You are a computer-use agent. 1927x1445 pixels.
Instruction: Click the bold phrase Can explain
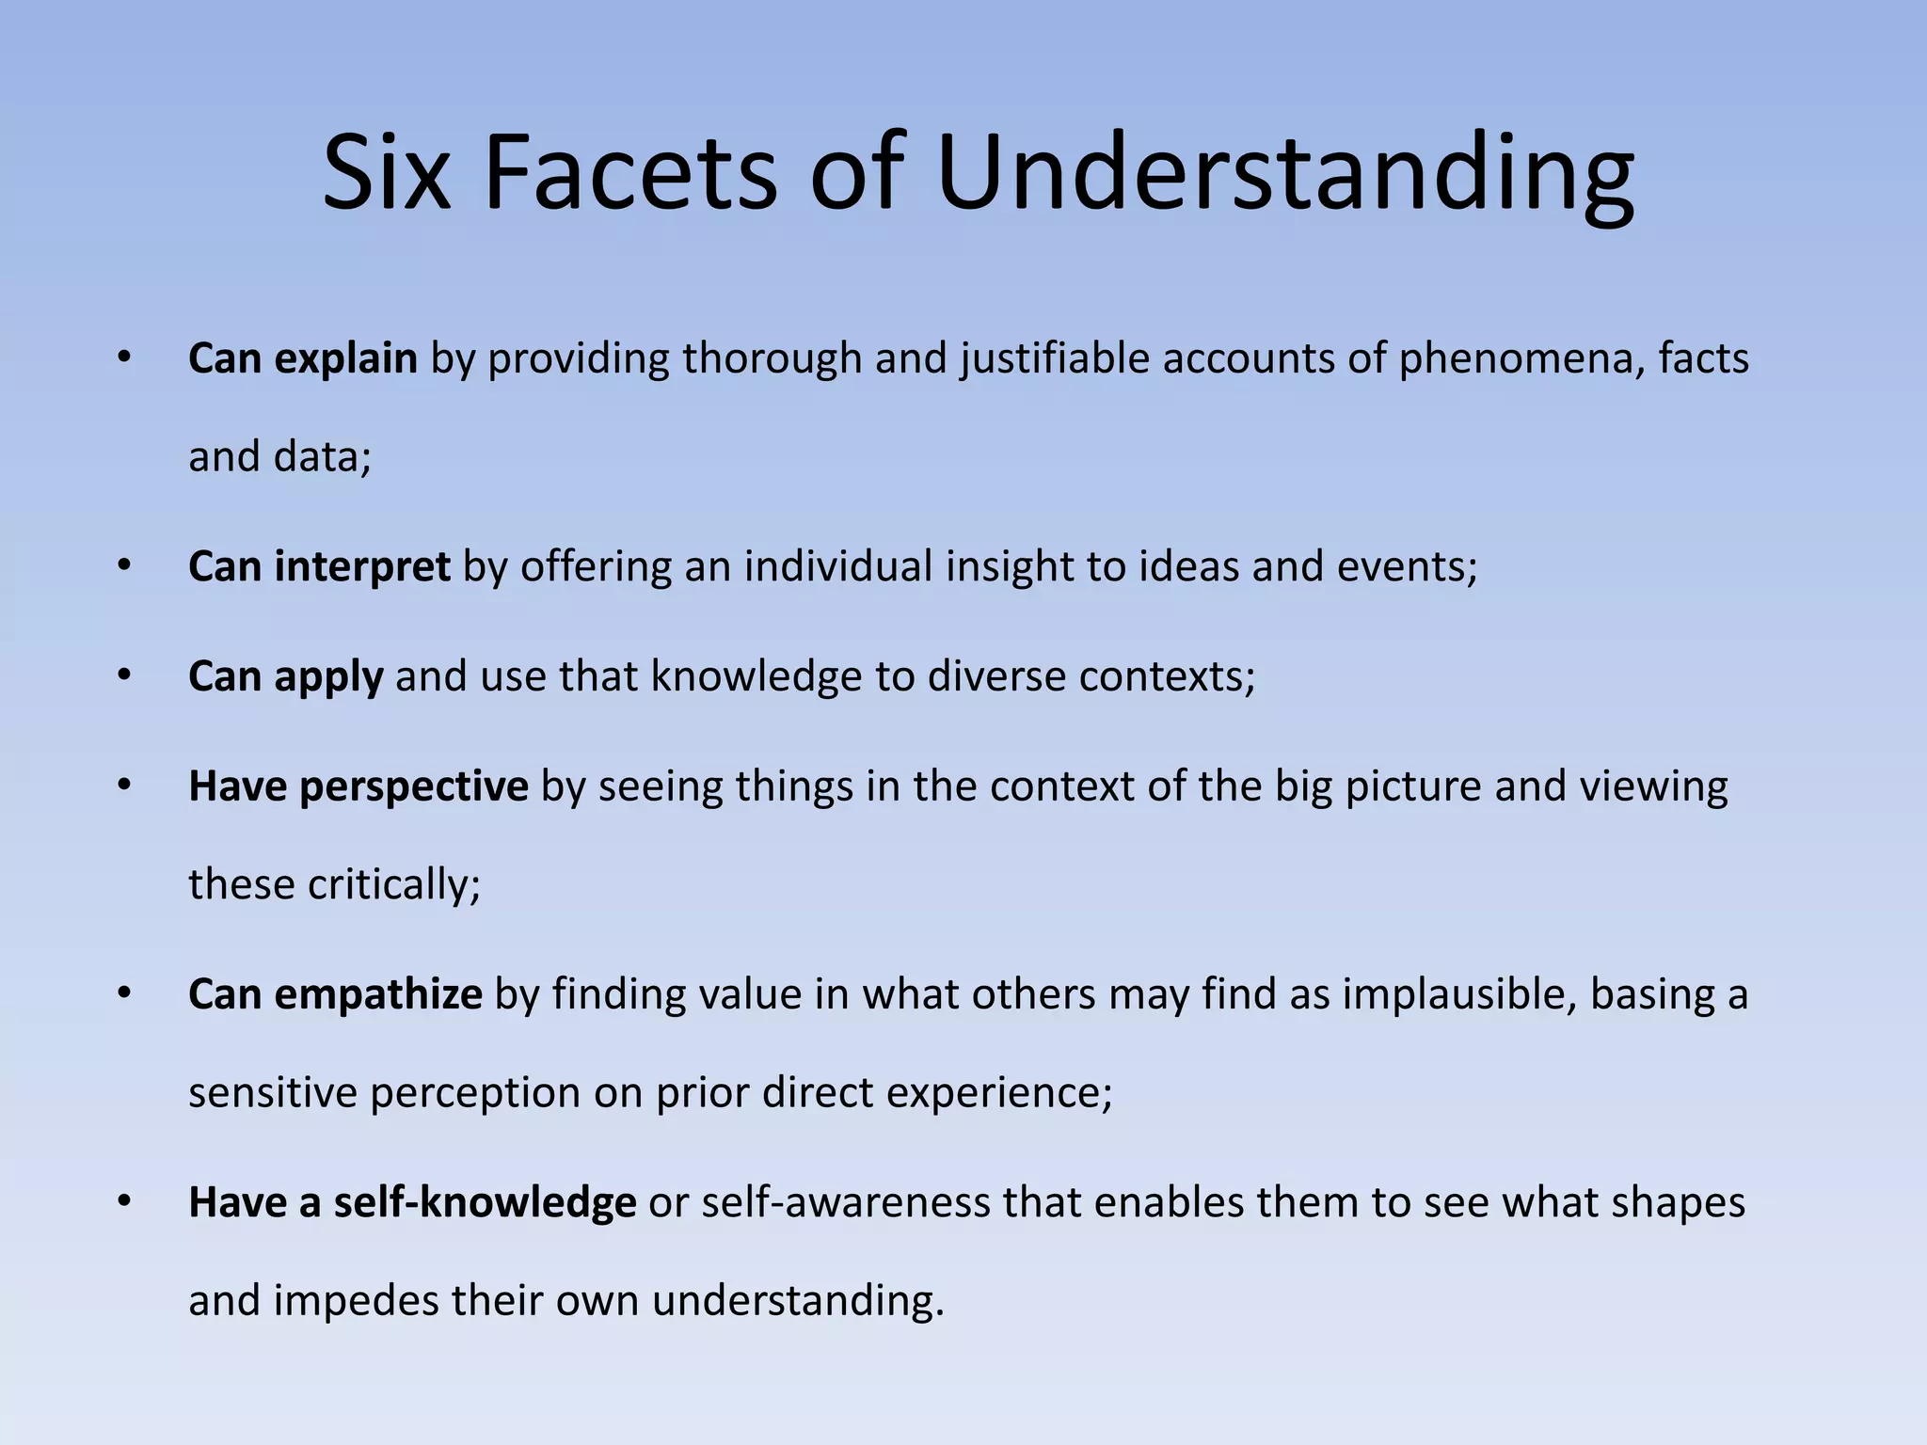pyautogui.click(x=302, y=358)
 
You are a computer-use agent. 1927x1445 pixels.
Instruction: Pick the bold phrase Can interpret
pyautogui.click(x=319, y=566)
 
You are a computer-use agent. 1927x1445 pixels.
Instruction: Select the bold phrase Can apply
pyautogui.click(x=285, y=676)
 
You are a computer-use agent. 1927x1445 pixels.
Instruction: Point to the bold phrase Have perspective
pyautogui.click(x=358, y=786)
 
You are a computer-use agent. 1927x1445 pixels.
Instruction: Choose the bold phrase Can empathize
pyautogui.click(x=335, y=994)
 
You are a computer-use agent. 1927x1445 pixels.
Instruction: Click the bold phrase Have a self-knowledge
pyautogui.click(x=412, y=1202)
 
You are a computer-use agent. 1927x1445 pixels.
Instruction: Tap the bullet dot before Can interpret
pyautogui.click(x=124, y=566)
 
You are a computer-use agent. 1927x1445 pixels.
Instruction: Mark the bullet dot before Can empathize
pyautogui.click(x=124, y=994)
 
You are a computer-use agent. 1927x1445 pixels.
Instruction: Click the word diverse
pyautogui.click(x=996, y=676)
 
